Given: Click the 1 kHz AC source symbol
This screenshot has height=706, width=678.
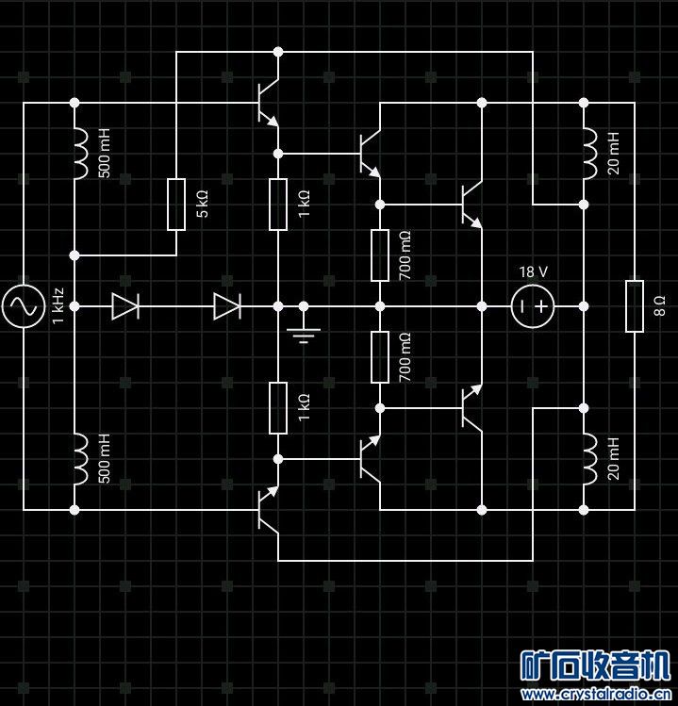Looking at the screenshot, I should (x=24, y=306).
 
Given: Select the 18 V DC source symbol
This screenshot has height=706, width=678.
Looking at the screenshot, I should (x=533, y=306).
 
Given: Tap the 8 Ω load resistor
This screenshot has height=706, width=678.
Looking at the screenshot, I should (x=635, y=306).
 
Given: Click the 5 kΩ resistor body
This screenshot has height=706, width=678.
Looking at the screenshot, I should (x=176, y=205).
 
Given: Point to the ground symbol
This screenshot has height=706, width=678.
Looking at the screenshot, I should (x=304, y=332).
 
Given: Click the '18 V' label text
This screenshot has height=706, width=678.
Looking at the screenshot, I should (x=533, y=271).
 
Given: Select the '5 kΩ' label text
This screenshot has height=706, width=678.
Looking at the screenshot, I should (x=201, y=205).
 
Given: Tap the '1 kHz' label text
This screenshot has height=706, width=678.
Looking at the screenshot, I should (x=58, y=306).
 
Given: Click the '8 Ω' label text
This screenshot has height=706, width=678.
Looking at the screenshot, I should (x=659, y=306).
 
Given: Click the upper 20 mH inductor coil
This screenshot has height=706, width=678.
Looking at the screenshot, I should (x=588, y=154).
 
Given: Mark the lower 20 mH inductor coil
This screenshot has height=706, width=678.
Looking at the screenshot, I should (x=588, y=459).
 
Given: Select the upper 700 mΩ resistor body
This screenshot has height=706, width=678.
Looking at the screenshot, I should (x=380, y=255).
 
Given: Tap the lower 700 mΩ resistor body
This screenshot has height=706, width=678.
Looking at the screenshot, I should (x=380, y=357).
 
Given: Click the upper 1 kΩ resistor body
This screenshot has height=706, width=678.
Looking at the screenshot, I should (x=278, y=205).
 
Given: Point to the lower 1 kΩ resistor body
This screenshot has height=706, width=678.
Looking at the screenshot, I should (x=278, y=408).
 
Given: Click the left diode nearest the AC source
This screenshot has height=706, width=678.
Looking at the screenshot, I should (x=125, y=306).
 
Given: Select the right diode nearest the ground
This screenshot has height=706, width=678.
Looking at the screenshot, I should (x=227, y=306).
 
